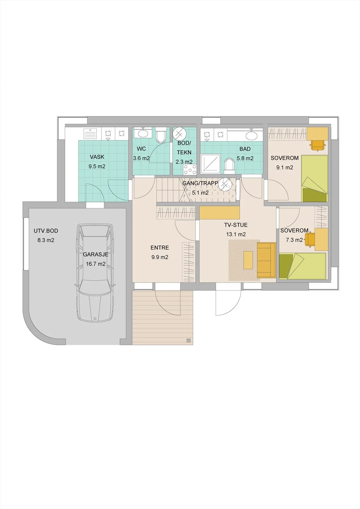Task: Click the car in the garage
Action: tap(95, 273)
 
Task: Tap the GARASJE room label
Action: tap(95, 254)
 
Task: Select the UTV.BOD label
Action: tap(46, 231)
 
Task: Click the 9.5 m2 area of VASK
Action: tap(97, 166)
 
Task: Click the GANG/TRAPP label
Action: tap(200, 183)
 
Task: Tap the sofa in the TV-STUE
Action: tap(266, 260)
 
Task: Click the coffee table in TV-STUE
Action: tap(248, 260)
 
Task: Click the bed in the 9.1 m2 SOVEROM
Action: tap(315, 178)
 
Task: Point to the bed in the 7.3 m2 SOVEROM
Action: tap(303, 266)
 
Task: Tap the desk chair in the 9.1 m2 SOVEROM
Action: tap(318, 145)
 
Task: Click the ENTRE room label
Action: tap(160, 248)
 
